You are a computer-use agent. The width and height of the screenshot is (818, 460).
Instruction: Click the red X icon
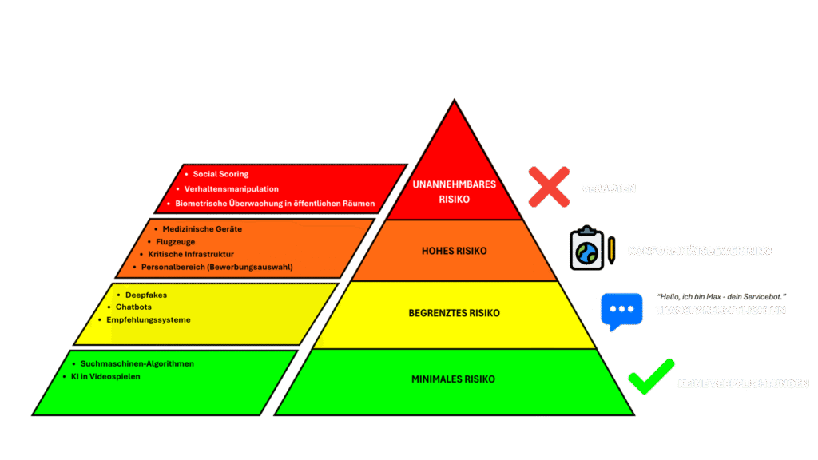548,188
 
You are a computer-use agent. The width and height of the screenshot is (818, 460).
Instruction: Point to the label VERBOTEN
608,190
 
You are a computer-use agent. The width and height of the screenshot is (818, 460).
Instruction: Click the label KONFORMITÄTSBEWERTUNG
700,251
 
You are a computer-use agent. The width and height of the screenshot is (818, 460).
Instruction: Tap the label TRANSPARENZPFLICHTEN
721,310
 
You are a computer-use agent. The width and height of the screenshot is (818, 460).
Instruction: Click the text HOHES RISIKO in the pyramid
454,251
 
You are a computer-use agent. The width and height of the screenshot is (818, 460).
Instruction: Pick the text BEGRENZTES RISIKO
454,313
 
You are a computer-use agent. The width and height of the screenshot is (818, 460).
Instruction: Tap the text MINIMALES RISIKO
454,379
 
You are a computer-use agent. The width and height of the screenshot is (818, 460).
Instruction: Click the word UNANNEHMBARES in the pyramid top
454,184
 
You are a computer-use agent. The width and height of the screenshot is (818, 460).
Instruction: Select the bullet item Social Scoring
220,174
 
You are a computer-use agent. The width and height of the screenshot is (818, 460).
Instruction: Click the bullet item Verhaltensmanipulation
231,189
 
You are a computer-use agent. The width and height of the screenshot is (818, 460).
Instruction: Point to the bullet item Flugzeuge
175,241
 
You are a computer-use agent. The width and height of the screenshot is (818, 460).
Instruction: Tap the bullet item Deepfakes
146,295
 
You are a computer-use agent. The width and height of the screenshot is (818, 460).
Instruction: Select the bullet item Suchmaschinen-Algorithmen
137,363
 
